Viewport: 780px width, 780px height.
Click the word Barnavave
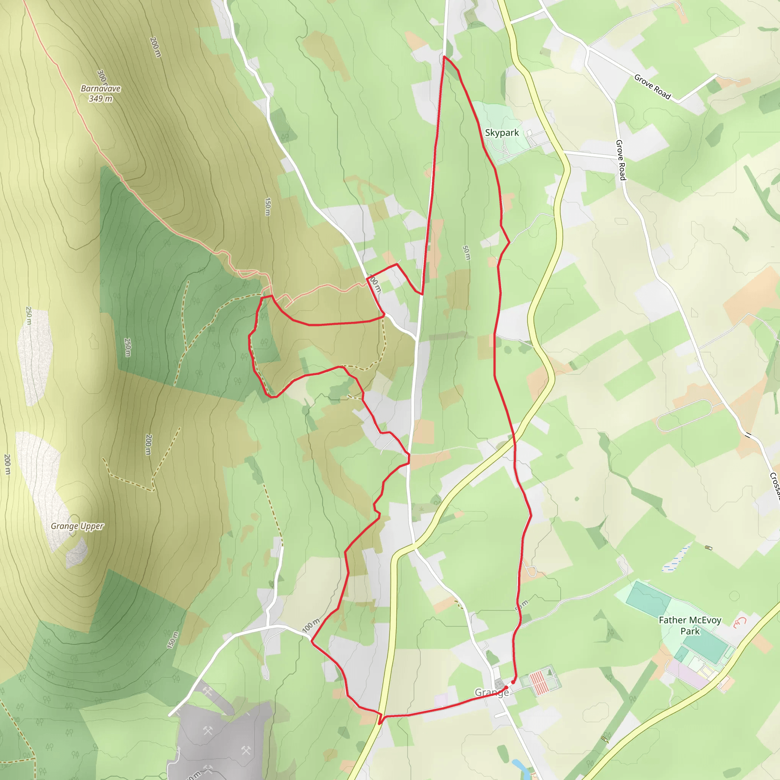(101, 88)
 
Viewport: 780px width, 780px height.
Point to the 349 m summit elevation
(101, 99)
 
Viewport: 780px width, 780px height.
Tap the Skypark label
(502, 133)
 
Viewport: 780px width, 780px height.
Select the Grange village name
(491, 692)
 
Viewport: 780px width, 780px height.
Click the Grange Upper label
(77, 526)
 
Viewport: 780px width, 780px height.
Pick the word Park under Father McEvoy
(690, 631)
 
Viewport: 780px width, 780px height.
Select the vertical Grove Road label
(621, 160)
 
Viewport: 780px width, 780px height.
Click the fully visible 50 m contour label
(466, 253)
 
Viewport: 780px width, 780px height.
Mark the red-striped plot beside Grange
(539, 682)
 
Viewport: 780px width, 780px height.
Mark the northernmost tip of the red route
(444, 56)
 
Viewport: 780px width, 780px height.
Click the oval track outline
(684, 416)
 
